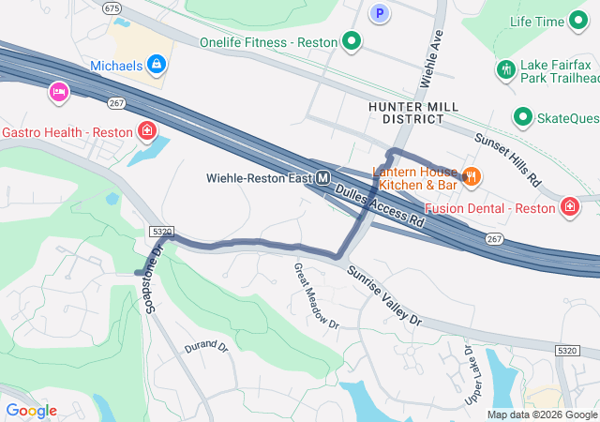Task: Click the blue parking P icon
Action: [379, 13]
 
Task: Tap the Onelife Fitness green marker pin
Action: [352, 41]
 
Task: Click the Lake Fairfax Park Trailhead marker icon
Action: [505, 69]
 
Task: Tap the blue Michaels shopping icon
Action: [157, 65]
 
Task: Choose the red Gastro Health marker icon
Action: [146, 129]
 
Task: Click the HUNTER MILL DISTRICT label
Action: [407, 113]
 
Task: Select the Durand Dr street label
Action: [206, 346]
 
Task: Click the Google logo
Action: [31, 411]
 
